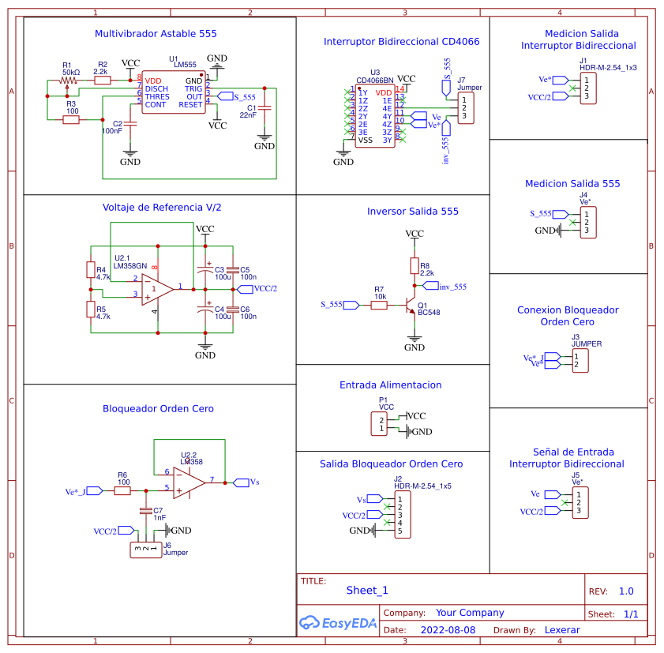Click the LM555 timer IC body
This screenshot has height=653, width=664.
pos(173,92)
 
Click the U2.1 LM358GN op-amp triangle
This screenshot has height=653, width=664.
pos(158,289)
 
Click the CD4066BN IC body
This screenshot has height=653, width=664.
pos(374,115)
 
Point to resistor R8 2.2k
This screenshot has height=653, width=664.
pos(414,265)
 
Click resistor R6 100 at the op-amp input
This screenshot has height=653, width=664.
pos(122,490)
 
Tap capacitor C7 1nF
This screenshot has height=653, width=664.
pos(145,512)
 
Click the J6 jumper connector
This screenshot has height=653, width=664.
pos(145,550)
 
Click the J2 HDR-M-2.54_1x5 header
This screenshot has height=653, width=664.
pos(400,515)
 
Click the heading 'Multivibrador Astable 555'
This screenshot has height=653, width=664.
pos(156,34)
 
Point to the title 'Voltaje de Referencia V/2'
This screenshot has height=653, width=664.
pos(162,208)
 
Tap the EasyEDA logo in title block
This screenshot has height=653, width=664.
pos(338,623)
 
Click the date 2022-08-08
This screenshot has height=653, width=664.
pos(448,630)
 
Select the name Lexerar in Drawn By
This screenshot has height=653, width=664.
pos(562,630)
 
